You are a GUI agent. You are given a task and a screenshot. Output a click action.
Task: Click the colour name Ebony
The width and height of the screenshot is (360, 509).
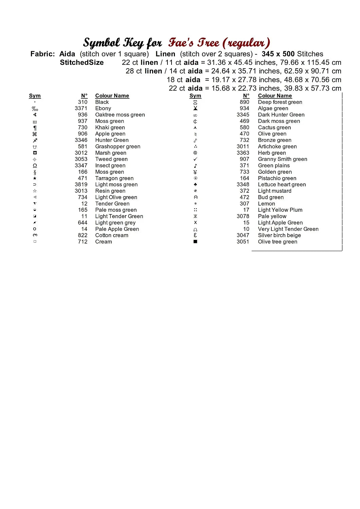pos(103,108)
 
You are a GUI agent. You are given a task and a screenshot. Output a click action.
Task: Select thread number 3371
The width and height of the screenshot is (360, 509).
pos(81,108)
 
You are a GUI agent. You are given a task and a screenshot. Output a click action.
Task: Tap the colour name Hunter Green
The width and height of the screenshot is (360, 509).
pos(112,140)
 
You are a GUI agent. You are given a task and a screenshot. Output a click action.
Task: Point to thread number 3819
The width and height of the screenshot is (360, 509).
pos(81,185)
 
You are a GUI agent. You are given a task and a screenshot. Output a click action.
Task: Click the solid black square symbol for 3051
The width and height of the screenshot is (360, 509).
pos(195,242)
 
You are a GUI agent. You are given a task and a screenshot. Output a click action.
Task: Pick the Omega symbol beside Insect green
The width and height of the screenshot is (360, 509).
pos(35,166)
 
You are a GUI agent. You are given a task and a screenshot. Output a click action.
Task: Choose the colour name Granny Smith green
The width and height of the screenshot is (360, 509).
pos(283,159)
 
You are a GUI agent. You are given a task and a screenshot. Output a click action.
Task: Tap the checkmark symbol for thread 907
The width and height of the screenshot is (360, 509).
pos(195,159)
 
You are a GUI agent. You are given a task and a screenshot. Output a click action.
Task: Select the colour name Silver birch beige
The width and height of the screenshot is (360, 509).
pos(279,235)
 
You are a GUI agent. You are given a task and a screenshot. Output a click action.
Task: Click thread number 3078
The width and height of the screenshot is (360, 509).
pos(243,216)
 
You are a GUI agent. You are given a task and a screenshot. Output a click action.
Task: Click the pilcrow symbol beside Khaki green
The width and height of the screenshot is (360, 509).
pos(35,128)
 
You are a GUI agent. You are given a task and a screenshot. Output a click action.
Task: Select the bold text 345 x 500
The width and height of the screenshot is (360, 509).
pos(278,54)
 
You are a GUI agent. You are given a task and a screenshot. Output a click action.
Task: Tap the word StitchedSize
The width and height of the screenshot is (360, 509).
pos(82,62)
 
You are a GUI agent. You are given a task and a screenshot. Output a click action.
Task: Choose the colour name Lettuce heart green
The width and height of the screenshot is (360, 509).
pos(282,185)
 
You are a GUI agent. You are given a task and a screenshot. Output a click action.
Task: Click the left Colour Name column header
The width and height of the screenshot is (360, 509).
pos(112,96)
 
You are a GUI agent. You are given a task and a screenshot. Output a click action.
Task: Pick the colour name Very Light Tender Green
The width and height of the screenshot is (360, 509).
pos(288,229)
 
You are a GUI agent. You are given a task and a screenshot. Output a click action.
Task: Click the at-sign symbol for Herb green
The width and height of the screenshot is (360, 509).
pos(195,153)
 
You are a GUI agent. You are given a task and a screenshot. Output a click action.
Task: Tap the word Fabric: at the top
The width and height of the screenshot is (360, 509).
pos(42,54)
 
